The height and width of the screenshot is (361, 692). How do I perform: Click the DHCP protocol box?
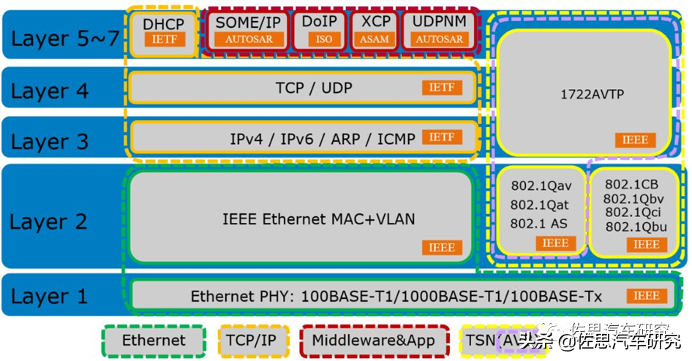[x=163, y=31]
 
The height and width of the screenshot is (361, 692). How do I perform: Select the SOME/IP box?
[x=249, y=30]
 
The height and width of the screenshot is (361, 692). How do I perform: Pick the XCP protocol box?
[x=376, y=30]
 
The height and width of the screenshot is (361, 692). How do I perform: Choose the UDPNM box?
[x=439, y=30]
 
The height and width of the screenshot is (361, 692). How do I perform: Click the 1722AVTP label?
[x=583, y=94]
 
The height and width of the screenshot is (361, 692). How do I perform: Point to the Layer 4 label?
[x=49, y=91]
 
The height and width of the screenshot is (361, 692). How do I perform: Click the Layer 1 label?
[x=49, y=296]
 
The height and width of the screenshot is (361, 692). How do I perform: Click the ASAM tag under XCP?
[x=376, y=39]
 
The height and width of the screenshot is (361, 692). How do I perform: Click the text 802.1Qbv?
[x=635, y=198]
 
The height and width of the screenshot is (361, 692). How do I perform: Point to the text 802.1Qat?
[x=540, y=205]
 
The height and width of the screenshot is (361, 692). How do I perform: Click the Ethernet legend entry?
[x=154, y=341]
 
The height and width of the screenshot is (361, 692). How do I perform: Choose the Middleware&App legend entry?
[x=373, y=341]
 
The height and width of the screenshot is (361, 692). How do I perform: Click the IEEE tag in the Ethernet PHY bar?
[x=647, y=296]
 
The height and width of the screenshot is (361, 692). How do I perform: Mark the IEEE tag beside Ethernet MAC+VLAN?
[x=443, y=247]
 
